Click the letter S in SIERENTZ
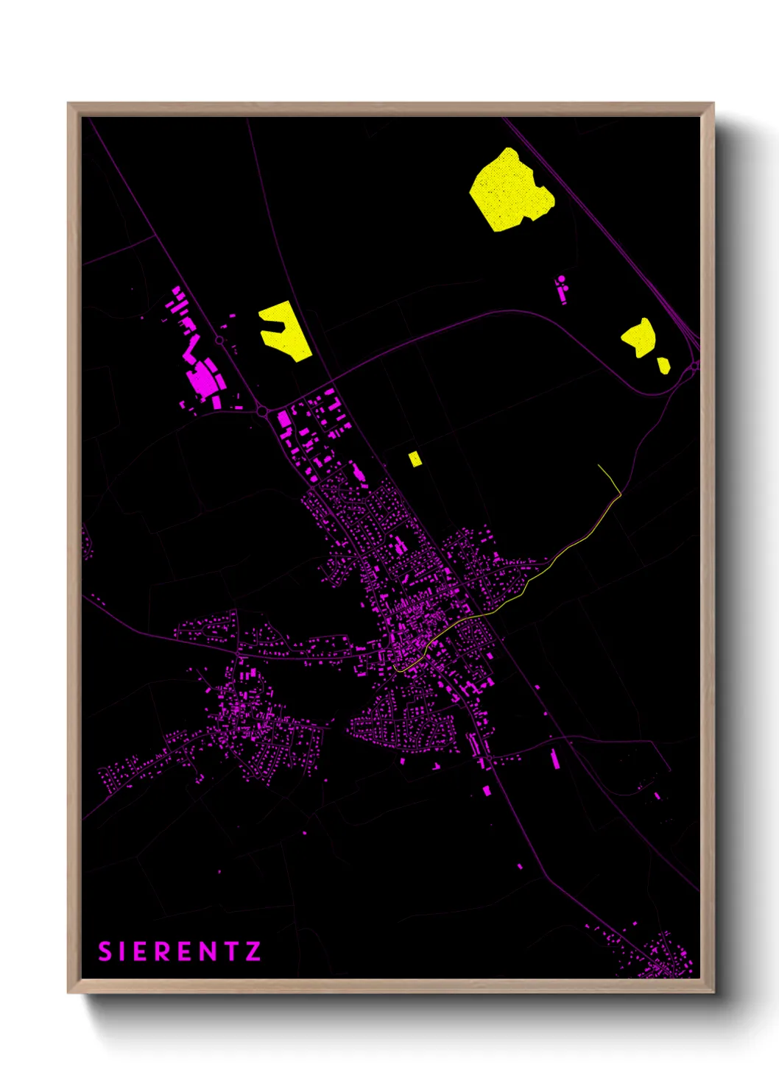tap(105, 951)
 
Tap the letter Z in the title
tap(253, 951)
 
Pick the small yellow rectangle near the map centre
tap(415, 458)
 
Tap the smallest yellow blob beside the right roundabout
tap(663, 365)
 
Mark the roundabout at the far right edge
tap(694, 366)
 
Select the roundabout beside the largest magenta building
tap(219, 340)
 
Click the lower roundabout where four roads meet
tap(263, 412)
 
